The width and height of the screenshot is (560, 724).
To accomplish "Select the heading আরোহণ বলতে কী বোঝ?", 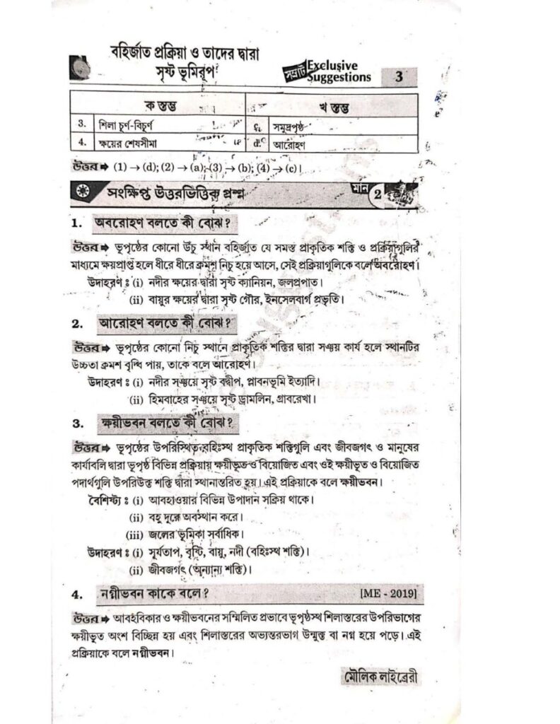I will (166, 325).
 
